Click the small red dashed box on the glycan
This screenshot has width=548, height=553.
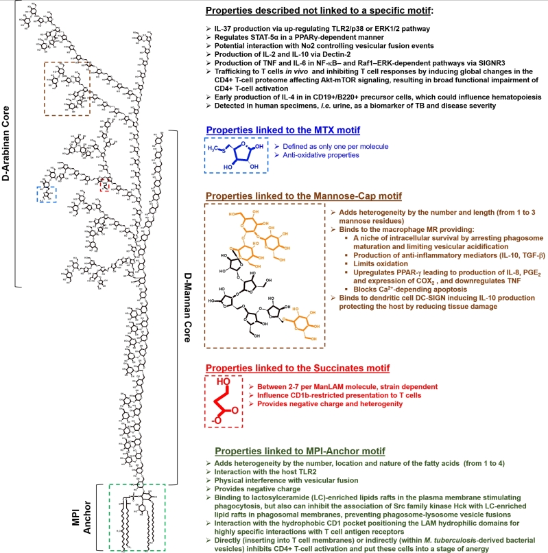(x=104, y=185)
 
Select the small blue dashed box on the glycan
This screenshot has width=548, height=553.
(x=47, y=194)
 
